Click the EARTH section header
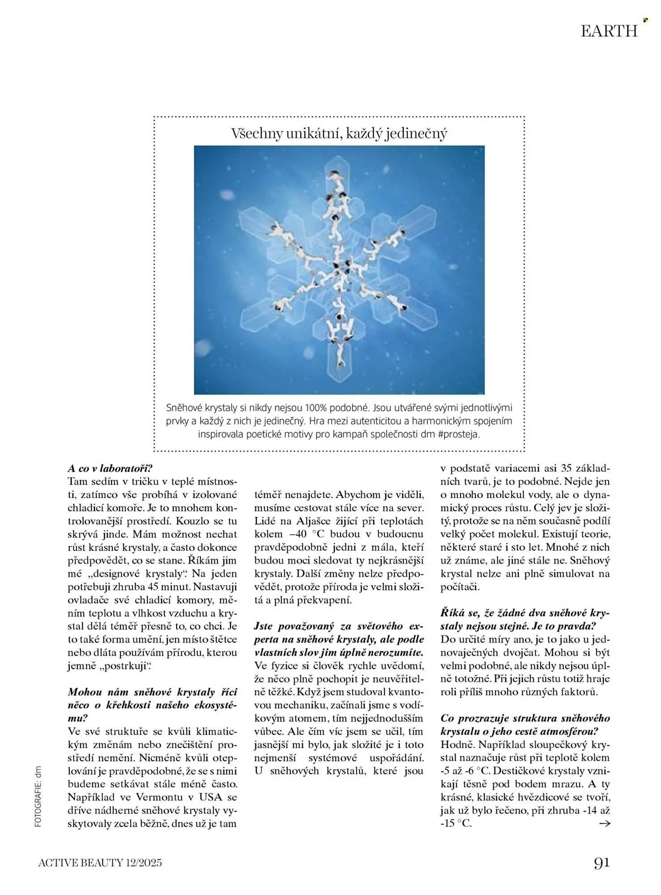point(609,31)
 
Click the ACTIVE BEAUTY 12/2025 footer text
point(100,863)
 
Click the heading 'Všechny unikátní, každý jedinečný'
point(339,133)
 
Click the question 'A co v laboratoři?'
point(110,469)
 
